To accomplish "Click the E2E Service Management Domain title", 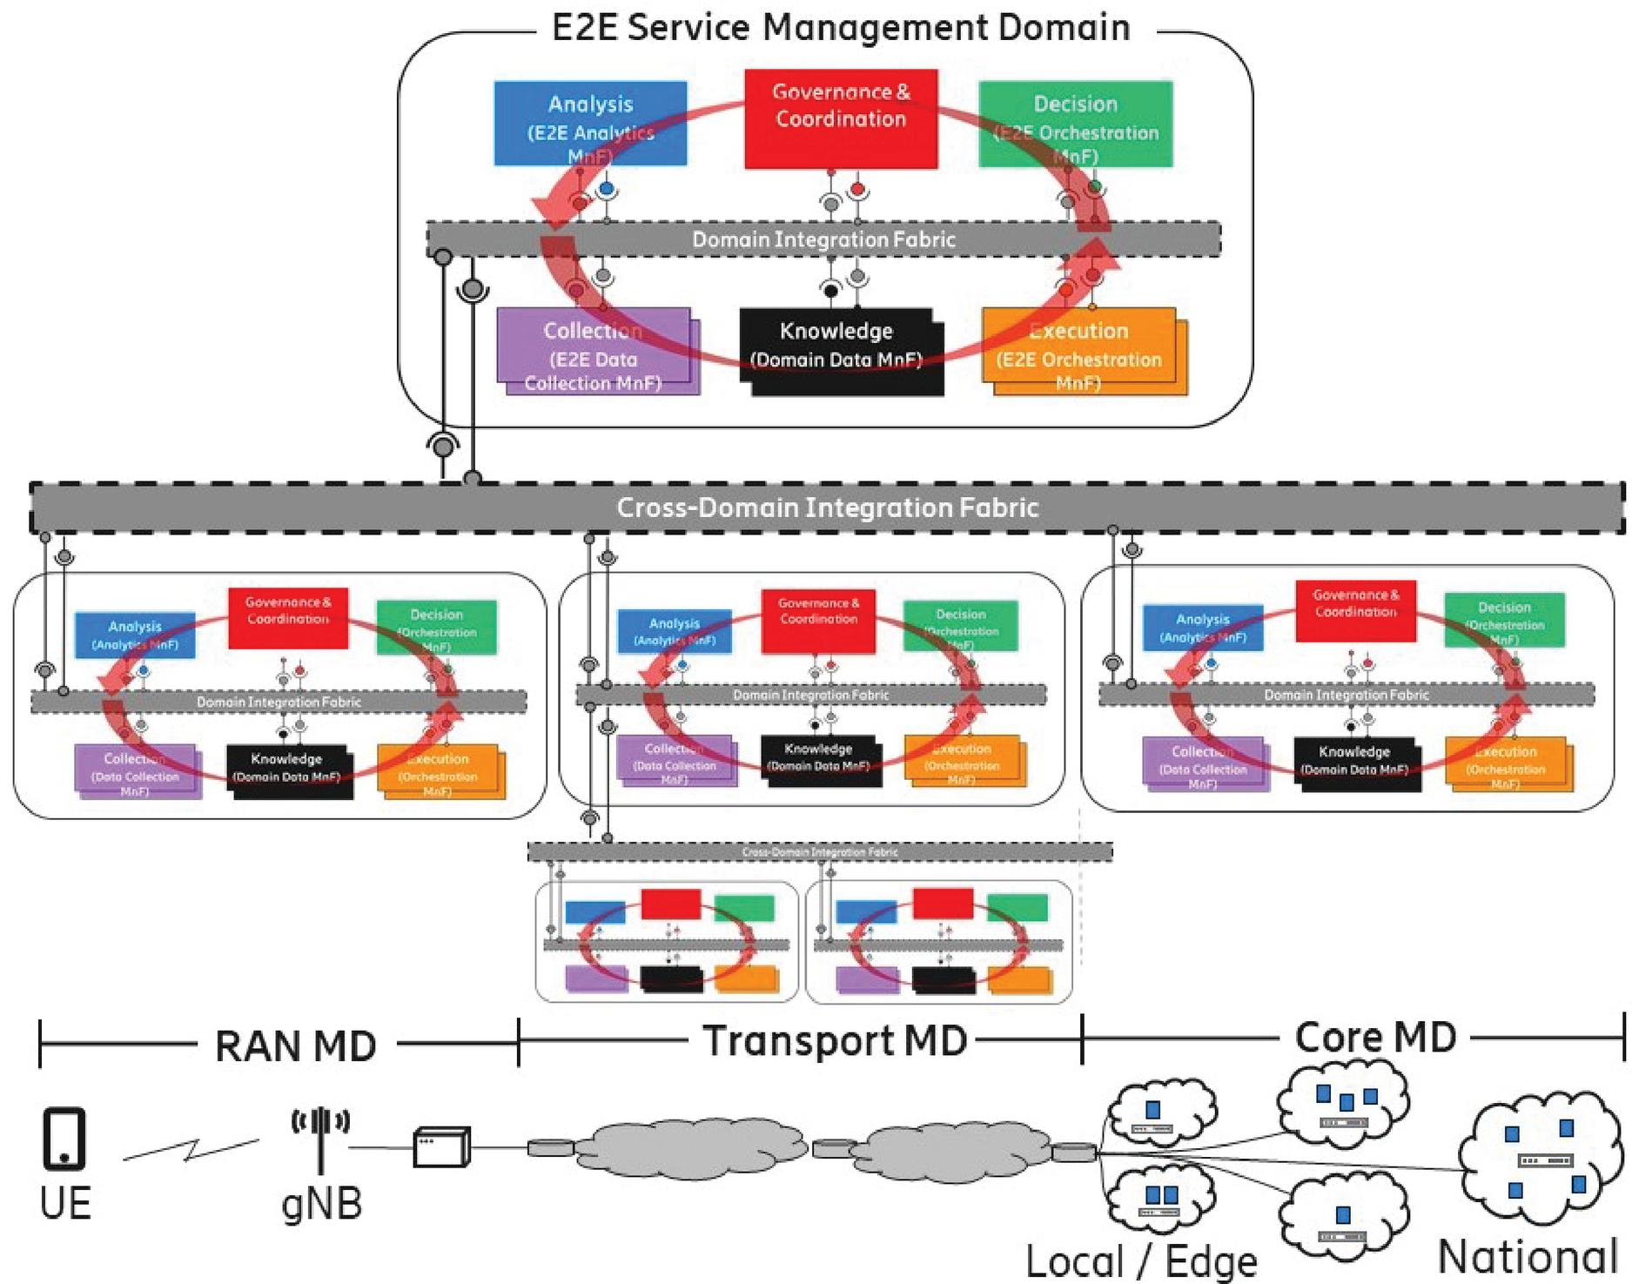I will (x=841, y=27).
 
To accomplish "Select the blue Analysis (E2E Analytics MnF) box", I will (x=590, y=123).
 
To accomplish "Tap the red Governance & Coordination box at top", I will (x=841, y=118).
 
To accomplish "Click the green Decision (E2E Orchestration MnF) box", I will (x=1076, y=123).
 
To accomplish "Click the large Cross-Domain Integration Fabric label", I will (x=827, y=508).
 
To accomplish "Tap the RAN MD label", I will (x=296, y=1045).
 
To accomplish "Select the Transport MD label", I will (x=835, y=1041).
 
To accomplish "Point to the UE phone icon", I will (x=64, y=1138).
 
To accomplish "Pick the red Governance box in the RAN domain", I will (x=288, y=618).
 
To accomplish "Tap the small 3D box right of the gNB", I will (x=440, y=1147).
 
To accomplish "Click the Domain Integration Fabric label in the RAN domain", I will (x=279, y=702).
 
